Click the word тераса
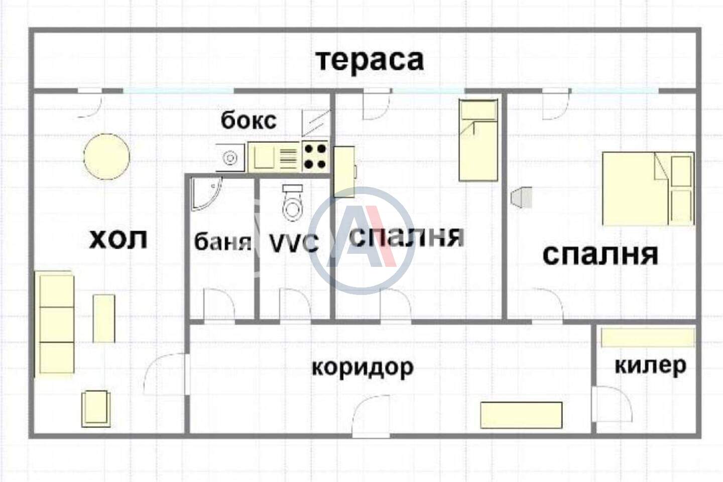[x=370, y=61]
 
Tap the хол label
[x=118, y=240]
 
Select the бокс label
[x=249, y=121]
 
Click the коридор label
[x=363, y=367]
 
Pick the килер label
[x=650, y=366]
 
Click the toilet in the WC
[x=292, y=203]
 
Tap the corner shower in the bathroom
[x=206, y=194]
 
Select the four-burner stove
[x=315, y=157]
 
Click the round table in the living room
[x=107, y=157]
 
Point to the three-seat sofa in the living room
[x=55, y=324]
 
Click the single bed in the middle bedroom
[x=478, y=140]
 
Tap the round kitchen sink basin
[x=230, y=158]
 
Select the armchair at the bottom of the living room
[x=96, y=408]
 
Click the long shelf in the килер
[x=648, y=338]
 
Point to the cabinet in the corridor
[x=521, y=415]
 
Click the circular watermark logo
[x=361, y=241]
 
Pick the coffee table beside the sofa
[x=104, y=318]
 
